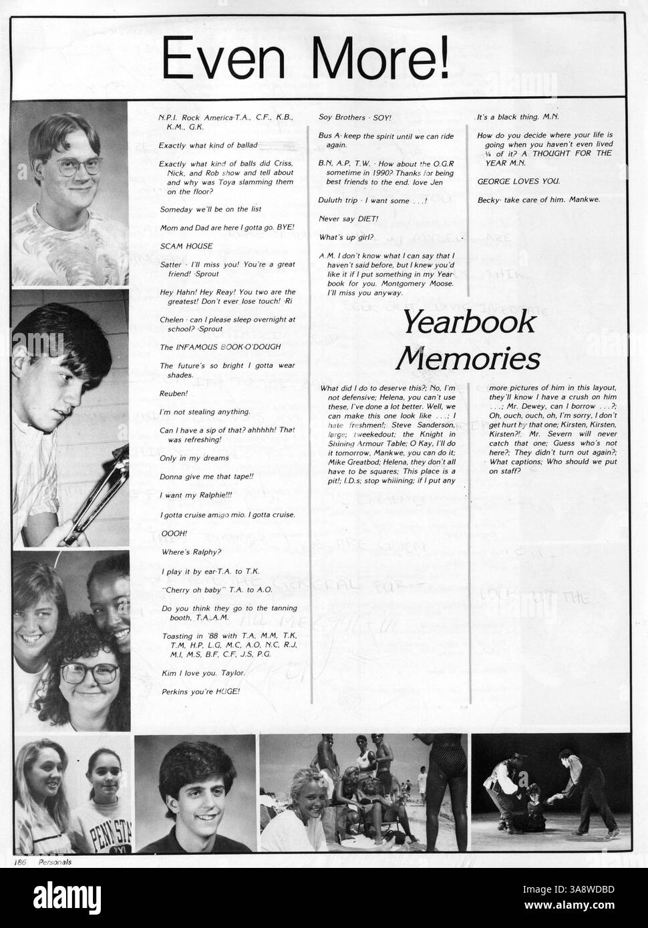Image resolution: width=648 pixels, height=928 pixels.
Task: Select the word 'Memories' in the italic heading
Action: (468, 359)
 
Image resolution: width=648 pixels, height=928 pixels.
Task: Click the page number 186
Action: (19, 861)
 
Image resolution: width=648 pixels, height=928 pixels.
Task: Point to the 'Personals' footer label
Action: (54, 861)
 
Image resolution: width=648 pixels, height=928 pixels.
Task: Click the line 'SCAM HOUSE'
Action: (181, 246)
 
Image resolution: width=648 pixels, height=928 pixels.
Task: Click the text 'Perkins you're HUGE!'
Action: (200, 691)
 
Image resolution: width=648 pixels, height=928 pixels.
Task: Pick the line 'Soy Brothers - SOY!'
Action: (355, 117)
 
